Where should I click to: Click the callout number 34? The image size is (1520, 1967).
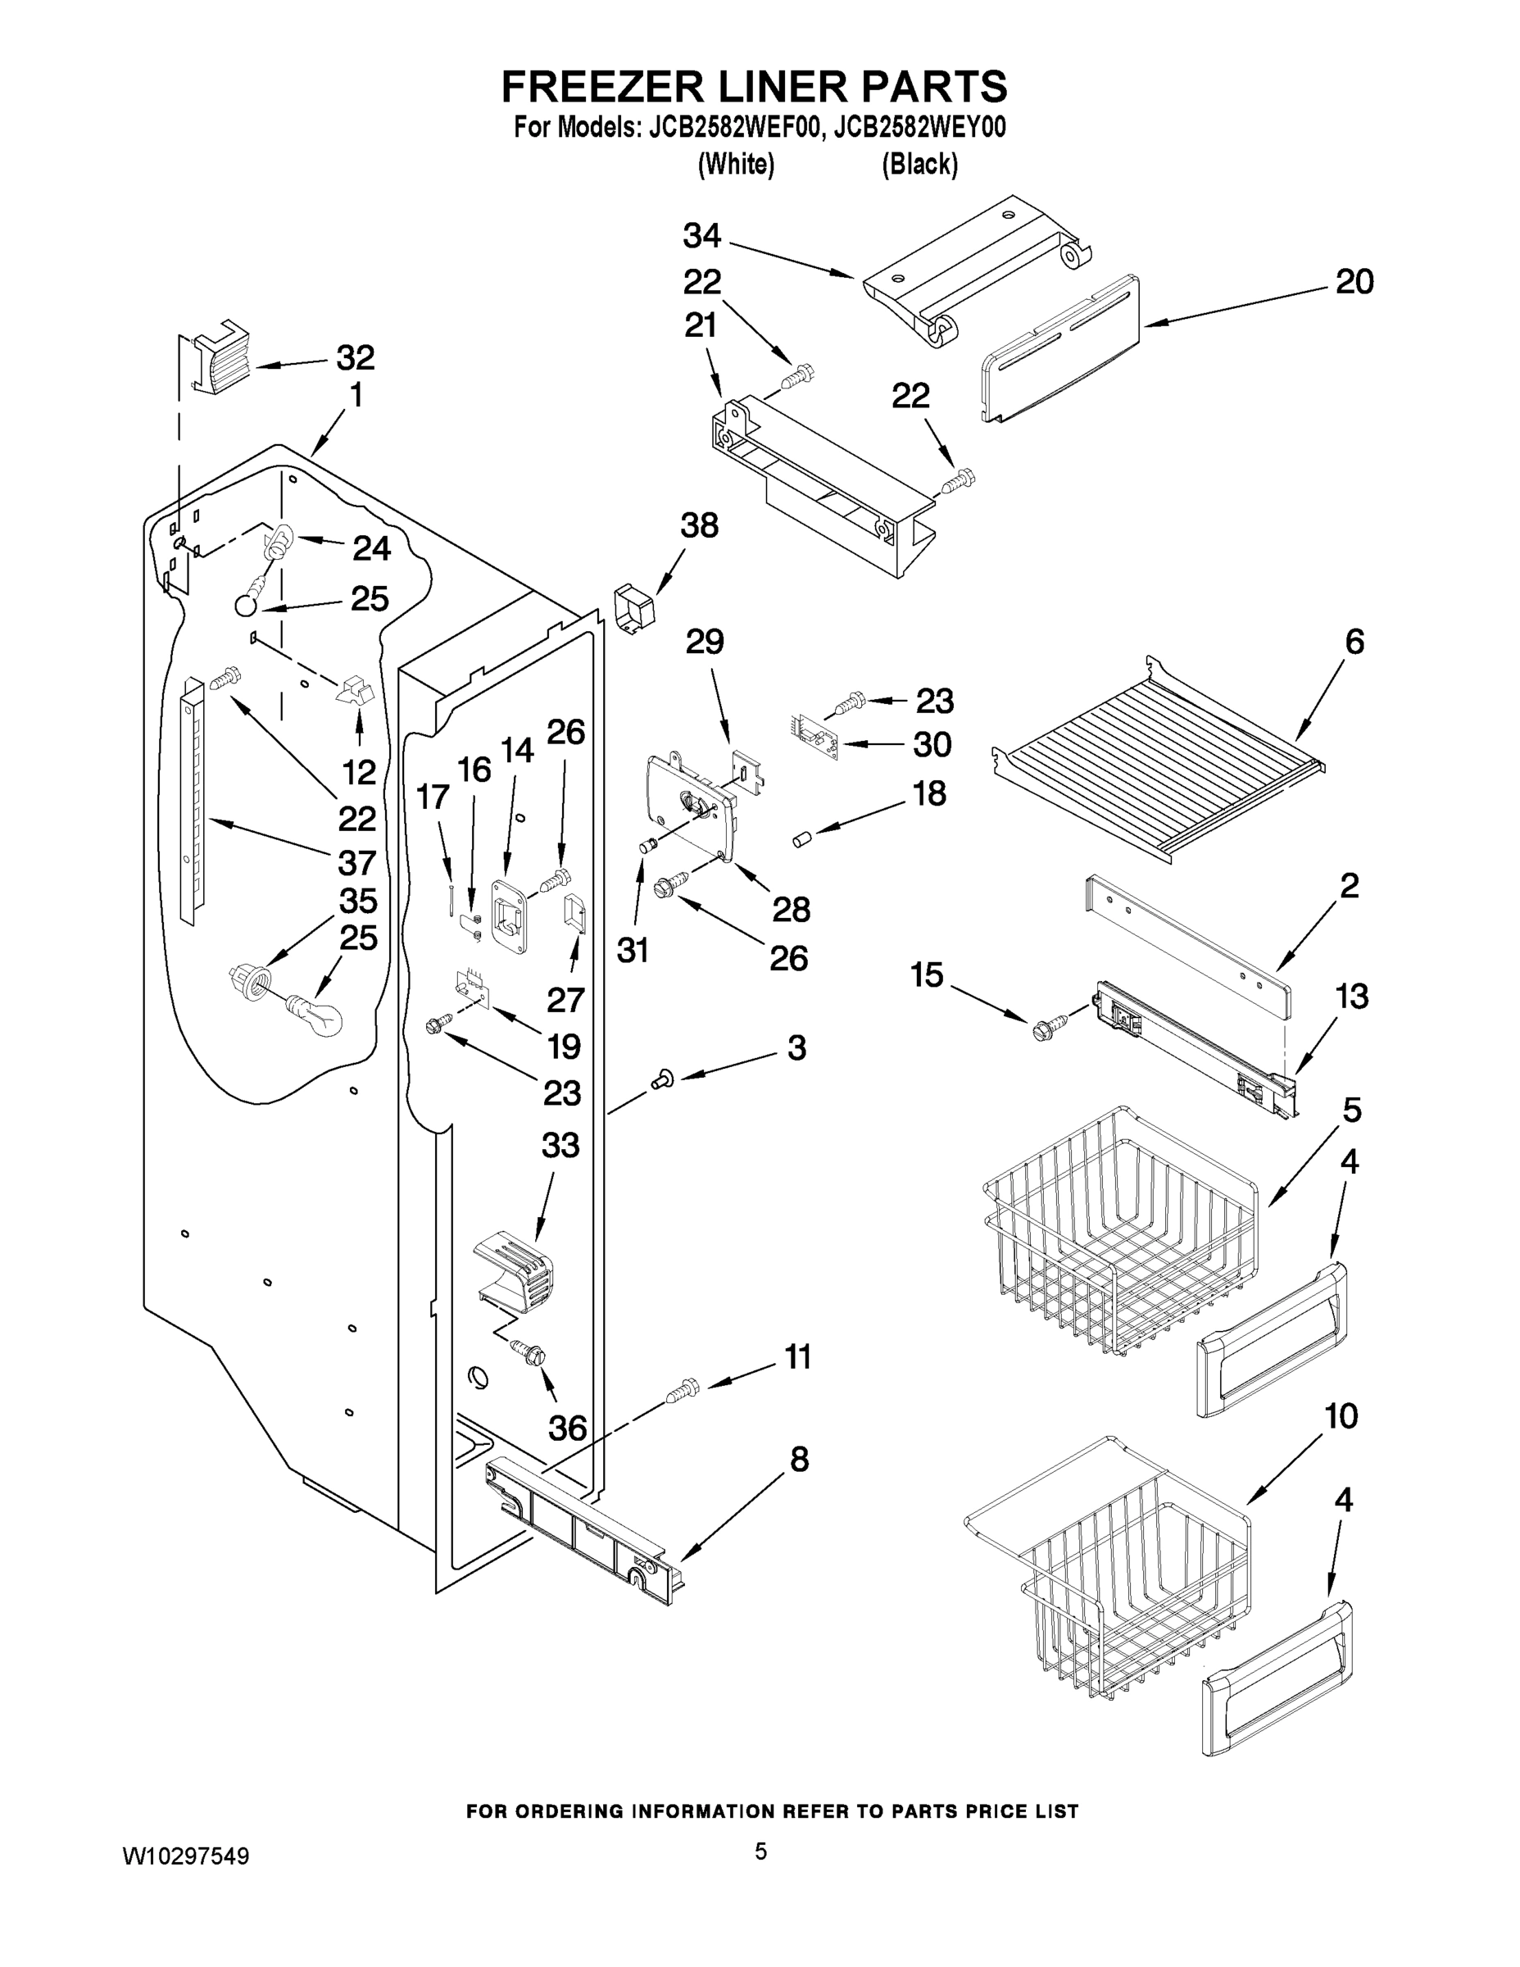tap(701, 236)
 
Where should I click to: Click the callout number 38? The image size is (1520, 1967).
tap(699, 525)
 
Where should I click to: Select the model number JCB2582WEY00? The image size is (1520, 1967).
tap(919, 128)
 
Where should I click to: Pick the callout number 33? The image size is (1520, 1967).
tap(560, 1146)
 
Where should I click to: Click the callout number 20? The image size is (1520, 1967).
tap(1354, 282)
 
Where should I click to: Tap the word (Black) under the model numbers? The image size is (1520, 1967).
tap(919, 164)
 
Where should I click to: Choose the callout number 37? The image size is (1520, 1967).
tap(356, 862)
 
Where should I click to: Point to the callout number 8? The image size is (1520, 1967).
tap(799, 1459)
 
